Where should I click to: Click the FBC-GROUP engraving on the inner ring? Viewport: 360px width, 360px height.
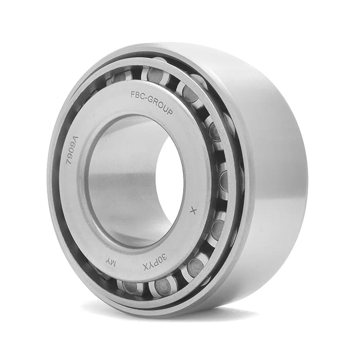(152, 102)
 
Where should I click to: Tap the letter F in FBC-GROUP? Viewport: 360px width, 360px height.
(133, 94)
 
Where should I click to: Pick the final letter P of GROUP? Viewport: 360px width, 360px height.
(170, 112)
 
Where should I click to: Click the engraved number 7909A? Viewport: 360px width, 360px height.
(73, 150)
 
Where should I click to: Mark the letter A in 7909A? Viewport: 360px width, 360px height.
(76, 139)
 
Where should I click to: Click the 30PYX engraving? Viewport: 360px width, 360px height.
(155, 261)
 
